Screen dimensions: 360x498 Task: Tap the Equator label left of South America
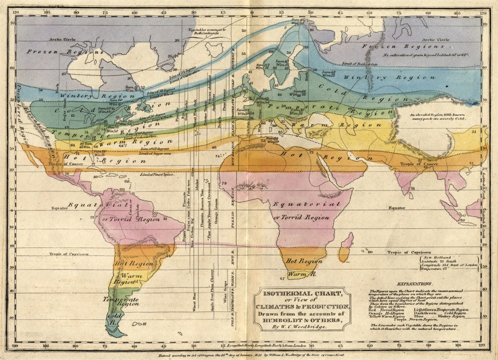[60, 207]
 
